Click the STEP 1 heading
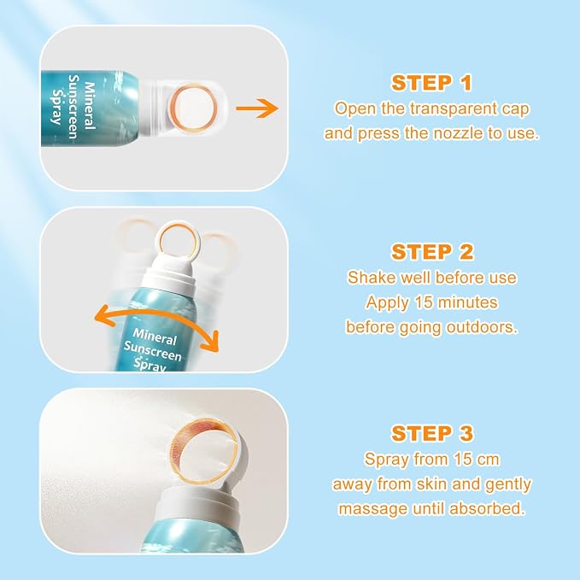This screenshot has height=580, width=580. pyautogui.click(x=431, y=83)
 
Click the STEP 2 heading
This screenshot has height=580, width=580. pyautogui.click(x=432, y=252)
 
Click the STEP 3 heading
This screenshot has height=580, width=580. pyautogui.click(x=432, y=433)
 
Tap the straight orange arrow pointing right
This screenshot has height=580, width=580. pyautogui.click(x=257, y=108)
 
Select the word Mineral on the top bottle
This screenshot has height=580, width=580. pyautogui.click(x=90, y=106)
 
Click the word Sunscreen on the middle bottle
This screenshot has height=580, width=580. pyautogui.click(x=153, y=351)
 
